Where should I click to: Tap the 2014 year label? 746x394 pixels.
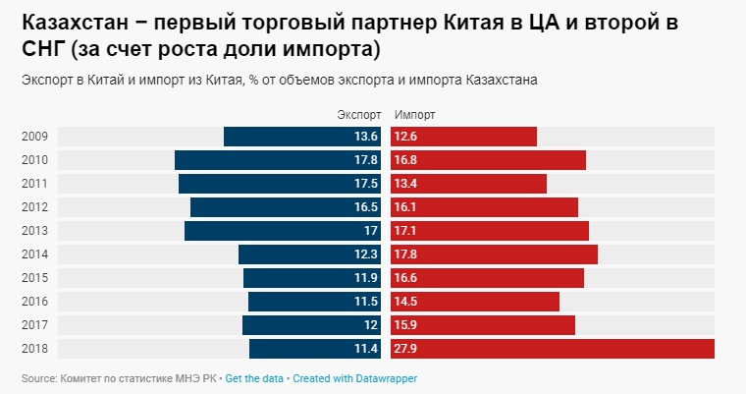coord(34,254)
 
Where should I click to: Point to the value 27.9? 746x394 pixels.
coord(405,349)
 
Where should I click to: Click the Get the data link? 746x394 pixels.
coord(254,378)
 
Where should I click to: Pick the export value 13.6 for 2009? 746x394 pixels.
coord(366,137)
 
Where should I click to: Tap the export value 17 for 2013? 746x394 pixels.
coord(371,231)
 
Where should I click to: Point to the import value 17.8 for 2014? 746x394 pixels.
coord(405,254)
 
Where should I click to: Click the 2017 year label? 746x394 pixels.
coord(34,325)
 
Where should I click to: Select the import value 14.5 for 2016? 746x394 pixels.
coord(405,302)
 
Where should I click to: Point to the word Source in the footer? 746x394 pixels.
coord(37,378)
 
